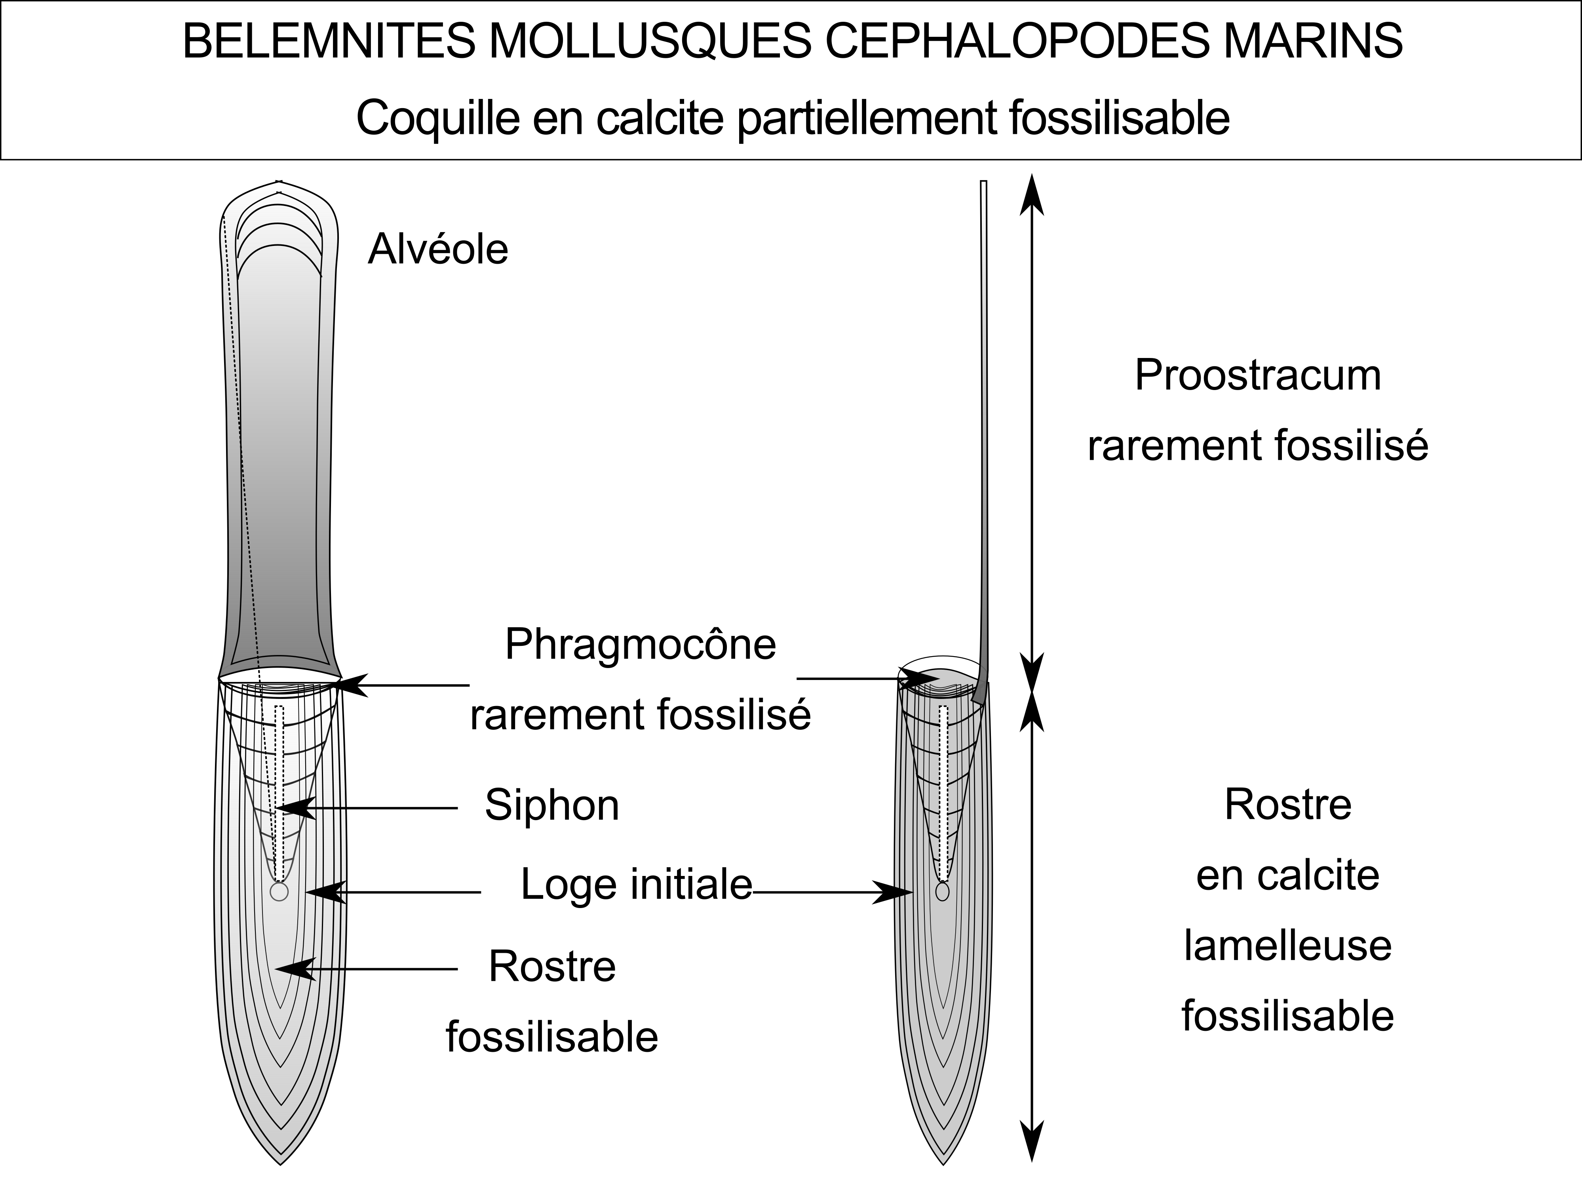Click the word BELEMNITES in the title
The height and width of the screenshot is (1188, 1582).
point(328,42)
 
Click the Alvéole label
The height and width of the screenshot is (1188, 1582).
point(438,249)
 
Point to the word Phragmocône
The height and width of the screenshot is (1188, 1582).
point(640,644)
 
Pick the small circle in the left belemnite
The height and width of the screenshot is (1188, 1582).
point(279,892)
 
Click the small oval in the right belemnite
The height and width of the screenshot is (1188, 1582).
point(943,892)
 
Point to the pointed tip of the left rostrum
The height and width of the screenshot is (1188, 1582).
point(280,1164)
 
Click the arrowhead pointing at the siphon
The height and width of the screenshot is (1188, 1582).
point(295,808)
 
